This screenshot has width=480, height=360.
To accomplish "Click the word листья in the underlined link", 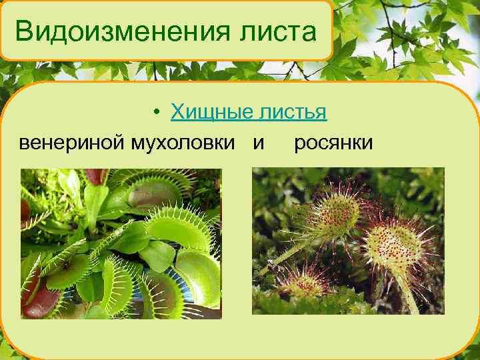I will click(291, 113).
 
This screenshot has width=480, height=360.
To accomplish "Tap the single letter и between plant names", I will click(258, 143).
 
